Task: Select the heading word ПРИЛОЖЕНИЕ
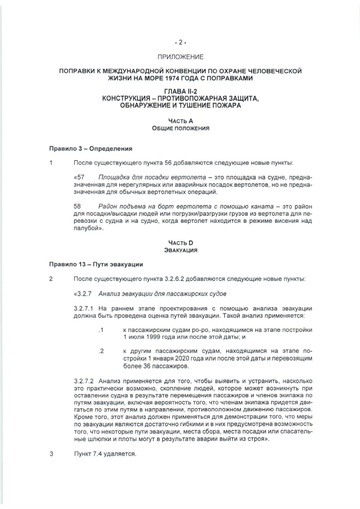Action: [x=181, y=57]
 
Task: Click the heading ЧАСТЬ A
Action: [x=181, y=121]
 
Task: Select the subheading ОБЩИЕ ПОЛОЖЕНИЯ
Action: [x=181, y=128]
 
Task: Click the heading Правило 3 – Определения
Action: [x=90, y=149]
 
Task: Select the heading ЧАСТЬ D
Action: [x=181, y=242]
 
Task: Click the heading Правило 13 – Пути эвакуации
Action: [x=96, y=264]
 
